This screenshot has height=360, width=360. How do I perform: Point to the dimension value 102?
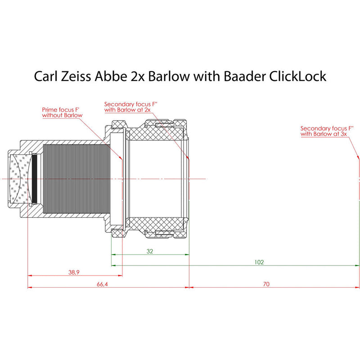pos(259,262)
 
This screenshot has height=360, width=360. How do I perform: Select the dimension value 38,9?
pos(74,272)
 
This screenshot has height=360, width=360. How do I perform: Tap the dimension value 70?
pos(266,284)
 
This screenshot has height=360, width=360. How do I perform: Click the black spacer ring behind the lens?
pos(35,179)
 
